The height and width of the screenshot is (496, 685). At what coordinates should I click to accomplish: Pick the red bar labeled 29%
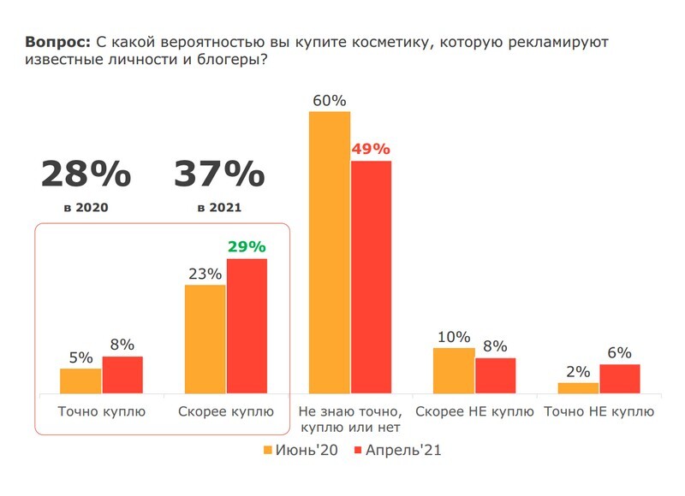pyautogui.click(x=247, y=326)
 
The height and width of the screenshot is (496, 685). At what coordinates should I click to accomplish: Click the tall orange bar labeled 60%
pyautogui.click(x=330, y=252)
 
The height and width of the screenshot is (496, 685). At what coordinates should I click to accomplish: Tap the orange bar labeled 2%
pyautogui.click(x=578, y=388)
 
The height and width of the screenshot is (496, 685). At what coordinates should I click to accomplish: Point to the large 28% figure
pyautogui.click(x=86, y=174)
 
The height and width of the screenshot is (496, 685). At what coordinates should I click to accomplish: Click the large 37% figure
pyautogui.click(x=219, y=174)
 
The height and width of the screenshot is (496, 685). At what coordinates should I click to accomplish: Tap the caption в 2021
pyautogui.click(x=219, y=207)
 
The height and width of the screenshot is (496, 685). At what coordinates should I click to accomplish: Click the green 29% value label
pyautogui.click(x=247, y=247)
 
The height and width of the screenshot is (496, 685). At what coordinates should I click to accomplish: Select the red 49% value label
pyautogui.click(x=371, y=149)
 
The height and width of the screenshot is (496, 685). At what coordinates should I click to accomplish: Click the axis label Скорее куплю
pyautogui.click(x=226, y=411)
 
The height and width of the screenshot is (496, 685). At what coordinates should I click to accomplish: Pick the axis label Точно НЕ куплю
pyautogui.click(x=599, y=411)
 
